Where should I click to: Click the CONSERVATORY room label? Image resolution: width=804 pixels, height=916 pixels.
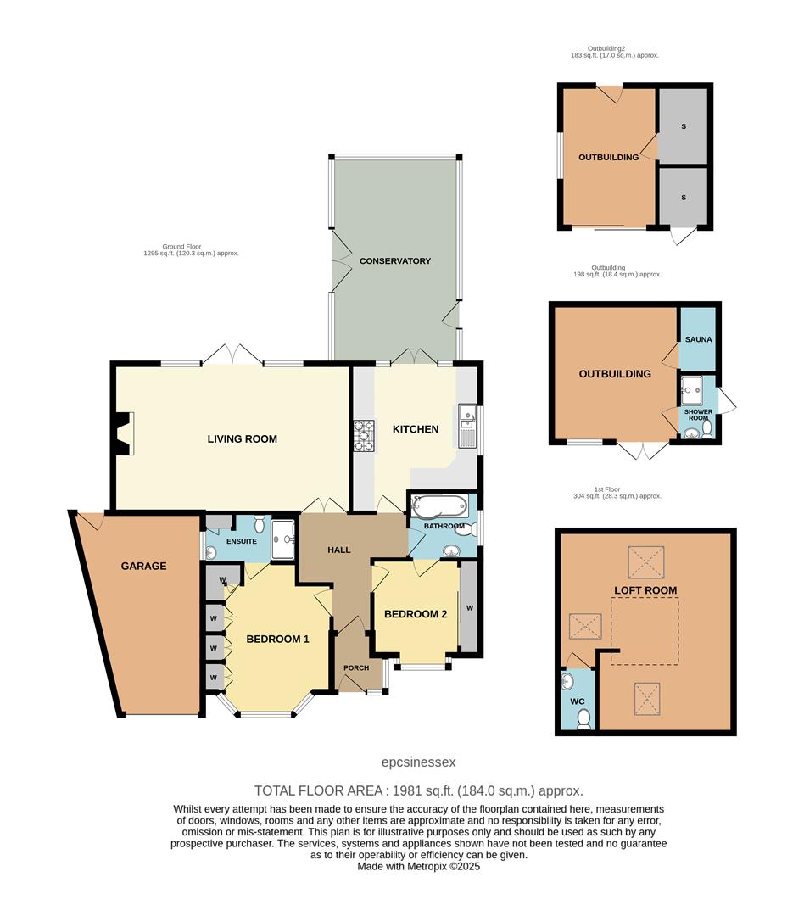[x=394, y=261]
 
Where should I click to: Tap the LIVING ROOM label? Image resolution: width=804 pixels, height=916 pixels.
[x=243, y=439]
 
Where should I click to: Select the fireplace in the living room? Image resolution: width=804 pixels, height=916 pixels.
[x=123, y=434]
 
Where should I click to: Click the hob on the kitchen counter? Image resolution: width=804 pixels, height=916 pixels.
[x=363, y=435]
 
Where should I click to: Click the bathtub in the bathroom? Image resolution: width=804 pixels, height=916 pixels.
[x=438, y=506]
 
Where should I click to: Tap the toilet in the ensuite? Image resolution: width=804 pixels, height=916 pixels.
[x=259, y=528]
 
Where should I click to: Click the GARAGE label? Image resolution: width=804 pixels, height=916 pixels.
[x=143, y=566]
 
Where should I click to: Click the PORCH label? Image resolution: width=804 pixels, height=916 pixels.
[x=356, y=667]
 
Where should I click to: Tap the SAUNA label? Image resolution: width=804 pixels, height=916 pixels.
[x=698, y=339]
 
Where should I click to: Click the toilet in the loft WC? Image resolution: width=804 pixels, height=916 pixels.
[x=583, y=719]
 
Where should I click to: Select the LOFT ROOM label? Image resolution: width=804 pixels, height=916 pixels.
[x=645, y=590]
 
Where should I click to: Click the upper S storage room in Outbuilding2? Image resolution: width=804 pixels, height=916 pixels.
[x=683, y=126]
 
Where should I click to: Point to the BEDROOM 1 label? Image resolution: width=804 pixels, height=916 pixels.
[x=277, y=639]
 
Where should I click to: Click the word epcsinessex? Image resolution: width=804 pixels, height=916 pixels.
[x=419, y=762]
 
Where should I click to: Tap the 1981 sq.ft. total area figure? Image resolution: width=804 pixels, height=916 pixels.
[x=421, y=790]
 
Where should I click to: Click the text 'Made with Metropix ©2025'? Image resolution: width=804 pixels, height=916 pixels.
[x=419, y=866]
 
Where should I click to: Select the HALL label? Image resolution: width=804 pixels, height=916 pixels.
[x=339, y=550]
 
